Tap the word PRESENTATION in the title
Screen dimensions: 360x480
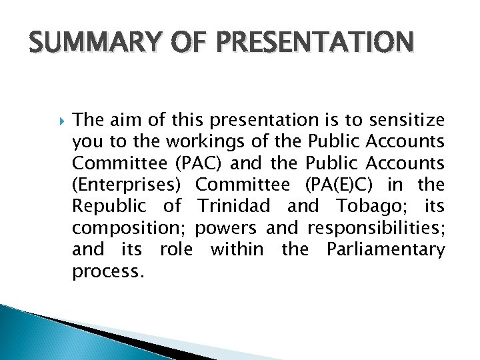[304, 45]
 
